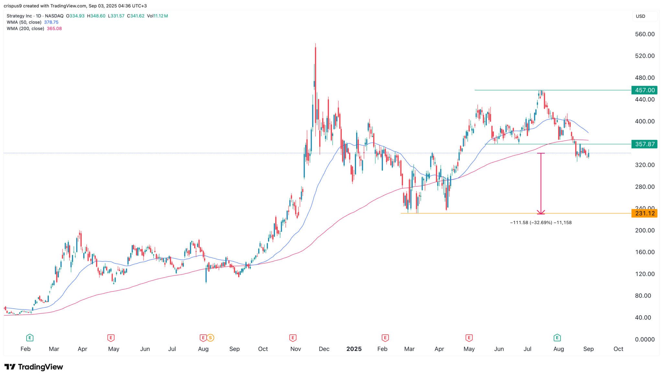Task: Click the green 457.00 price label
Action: [x=644, y=90]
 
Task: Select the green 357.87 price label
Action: [x=644, y=144]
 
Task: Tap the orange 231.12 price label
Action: [x=644, y=213]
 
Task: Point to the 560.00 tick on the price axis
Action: [x=645, y=34]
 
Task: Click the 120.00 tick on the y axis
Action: [x=645, y=274]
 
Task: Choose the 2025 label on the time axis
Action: [x=354, y=349]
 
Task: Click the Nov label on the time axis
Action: [x=296, y=349]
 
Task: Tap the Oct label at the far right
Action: [x=618, y=349]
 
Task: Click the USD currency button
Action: [x=640, y=16]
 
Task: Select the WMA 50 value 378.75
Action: [x=51, y=22]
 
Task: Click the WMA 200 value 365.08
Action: [x=54, y=28]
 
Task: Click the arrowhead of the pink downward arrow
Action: [x=541, y=212]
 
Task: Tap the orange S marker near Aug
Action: [x=210, y=338]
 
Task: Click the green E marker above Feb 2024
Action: [x=30, y=338]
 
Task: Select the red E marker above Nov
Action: [x=293, y=338]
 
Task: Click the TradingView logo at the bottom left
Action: [x=34, y=367]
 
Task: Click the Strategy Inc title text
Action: [x=19, y=16]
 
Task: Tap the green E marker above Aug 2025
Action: [x=557, y=338]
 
